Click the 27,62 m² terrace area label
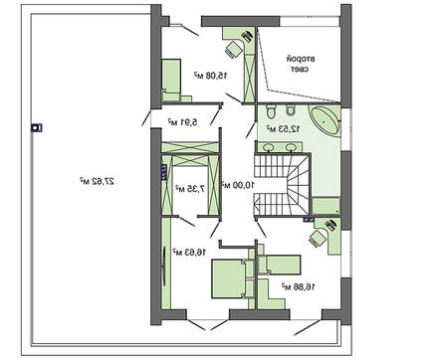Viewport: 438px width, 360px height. [x=96, y=181]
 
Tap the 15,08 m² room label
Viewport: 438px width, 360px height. [x=209, y=74]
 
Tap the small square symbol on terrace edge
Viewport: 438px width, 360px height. [x=34, y=127]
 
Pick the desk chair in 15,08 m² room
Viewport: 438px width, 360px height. [x=234, y=47]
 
